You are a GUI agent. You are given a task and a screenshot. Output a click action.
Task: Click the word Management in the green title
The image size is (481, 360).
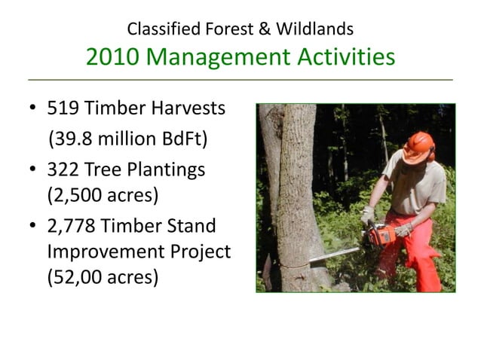tap(214, 56)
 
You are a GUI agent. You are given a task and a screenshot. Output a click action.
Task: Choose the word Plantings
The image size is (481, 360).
tap(167, 171)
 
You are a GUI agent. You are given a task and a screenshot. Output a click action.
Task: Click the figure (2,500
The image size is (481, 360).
tap(74, 197)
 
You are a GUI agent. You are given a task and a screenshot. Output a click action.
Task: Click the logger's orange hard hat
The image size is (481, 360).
tap(418, 143)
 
